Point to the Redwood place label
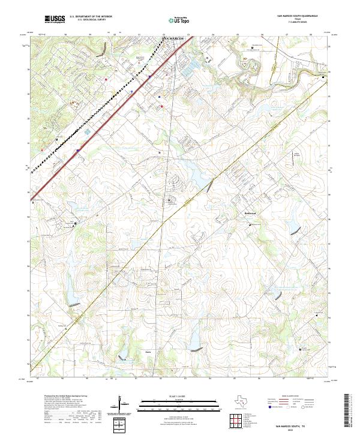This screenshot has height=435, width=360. pyautogui.click(x=250, y=213)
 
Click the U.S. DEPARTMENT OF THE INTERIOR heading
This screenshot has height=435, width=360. pyautogui.click(x=91, y=17)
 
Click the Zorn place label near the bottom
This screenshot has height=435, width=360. pyautogui.click(x=148, y=352)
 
